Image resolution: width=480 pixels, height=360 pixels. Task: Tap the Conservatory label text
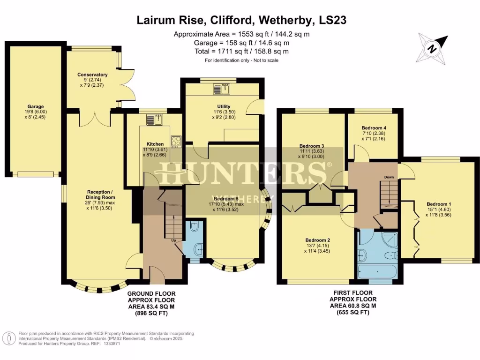pos(92,75)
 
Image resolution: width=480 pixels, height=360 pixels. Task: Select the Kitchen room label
pos(155,144)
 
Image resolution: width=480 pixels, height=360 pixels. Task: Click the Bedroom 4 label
pos(374,127)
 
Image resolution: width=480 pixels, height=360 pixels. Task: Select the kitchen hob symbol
pos(176,141)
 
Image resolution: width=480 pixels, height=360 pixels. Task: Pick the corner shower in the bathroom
pos(387,240)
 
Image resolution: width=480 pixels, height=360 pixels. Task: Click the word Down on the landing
pos(389,177)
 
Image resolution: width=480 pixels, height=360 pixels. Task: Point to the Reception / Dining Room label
pos(100,195)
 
